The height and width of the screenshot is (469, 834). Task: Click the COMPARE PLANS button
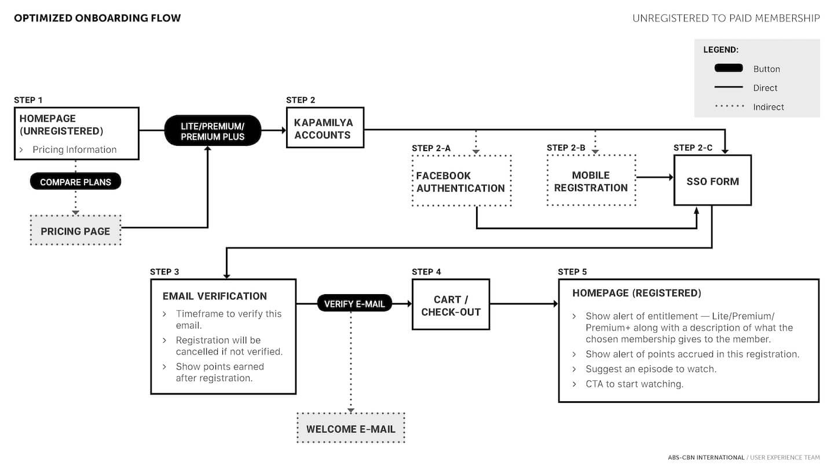[75, 181]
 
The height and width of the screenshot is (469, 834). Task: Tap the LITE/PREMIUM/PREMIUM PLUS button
[213, 131]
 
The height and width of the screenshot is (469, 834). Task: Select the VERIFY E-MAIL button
[354, 303]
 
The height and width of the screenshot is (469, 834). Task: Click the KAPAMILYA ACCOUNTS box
[325, 127]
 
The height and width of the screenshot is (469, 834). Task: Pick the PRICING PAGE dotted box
[75, 230]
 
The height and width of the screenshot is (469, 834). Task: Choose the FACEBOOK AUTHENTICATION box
[461, 181]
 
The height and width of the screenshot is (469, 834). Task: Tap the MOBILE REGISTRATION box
[591, 181]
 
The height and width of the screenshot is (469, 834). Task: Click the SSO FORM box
[712, 181]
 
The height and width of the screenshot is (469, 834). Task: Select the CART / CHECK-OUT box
[451, 305]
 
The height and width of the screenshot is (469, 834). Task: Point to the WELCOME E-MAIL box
[351, 428]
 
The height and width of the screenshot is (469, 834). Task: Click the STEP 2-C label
[693, 148]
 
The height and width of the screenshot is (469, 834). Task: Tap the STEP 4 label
[426, 272]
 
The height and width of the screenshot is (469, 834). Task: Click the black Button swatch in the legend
[729, 68]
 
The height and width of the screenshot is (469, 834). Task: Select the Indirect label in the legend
[769, 107]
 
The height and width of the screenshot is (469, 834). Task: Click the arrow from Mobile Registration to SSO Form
[655, 177]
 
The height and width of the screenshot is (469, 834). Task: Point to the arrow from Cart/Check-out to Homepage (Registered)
[524, 304]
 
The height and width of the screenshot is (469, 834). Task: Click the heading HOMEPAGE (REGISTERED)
[637, 293]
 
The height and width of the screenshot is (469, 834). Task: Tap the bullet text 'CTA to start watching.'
[634, 384]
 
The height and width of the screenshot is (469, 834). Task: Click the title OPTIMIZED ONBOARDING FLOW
[97, 18]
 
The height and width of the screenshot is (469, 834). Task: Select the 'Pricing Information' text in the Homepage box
[75, 149]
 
